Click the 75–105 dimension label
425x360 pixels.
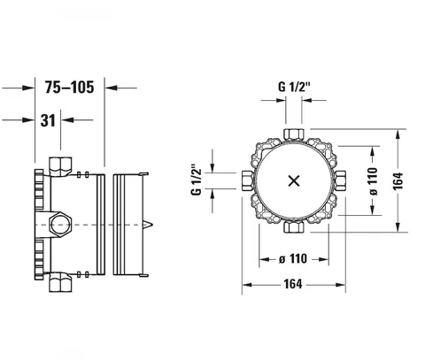tap(70, 88)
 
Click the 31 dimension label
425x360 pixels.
tap(48, 120)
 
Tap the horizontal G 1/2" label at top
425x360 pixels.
tap(294, 87)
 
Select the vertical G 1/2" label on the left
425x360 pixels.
tap(197, 179)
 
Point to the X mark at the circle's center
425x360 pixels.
tap(294, 180)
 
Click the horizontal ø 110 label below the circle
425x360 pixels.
tap(293, 259)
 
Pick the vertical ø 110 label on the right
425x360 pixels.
tap(373, 181)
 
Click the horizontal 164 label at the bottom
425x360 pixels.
tap(293, 284)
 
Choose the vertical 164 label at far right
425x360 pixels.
tap(398, 180)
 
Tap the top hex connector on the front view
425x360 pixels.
tap(294, 134)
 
